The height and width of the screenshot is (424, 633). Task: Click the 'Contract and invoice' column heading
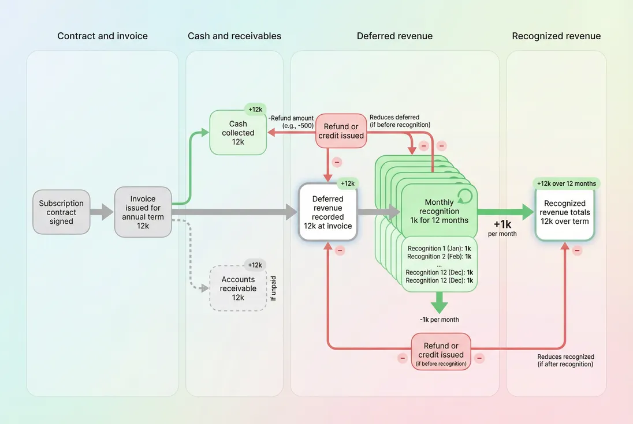point(102,36)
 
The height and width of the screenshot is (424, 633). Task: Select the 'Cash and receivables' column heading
point(234,36)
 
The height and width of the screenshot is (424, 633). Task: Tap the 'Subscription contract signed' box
point(61,212)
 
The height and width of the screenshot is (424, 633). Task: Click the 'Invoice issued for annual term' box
point(143,212)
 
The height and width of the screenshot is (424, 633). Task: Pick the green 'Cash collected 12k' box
point(238,133)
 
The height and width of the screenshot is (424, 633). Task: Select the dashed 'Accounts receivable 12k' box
point(238,288)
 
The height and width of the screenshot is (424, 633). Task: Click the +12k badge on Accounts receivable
point(255,265)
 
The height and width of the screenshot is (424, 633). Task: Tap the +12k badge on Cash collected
point(255,110)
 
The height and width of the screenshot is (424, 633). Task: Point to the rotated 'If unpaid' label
point(274,288)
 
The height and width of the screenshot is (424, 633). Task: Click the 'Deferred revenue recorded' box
point(327,212)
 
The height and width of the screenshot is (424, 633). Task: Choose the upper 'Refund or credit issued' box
point(341,131)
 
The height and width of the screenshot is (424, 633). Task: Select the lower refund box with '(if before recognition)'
point(441,351)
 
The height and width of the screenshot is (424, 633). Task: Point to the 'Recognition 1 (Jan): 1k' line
point(440,248)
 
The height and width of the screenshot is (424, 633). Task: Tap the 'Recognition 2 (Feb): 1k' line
point(440,256)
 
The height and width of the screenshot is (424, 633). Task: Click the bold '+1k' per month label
point(501,224)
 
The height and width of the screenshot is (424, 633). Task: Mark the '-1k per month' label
point(439,320)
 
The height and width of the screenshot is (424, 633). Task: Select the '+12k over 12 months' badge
point(566,183)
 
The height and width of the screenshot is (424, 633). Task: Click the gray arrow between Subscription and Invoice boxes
point(102,212)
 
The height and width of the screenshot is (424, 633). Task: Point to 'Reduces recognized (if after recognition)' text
point(565,361)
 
